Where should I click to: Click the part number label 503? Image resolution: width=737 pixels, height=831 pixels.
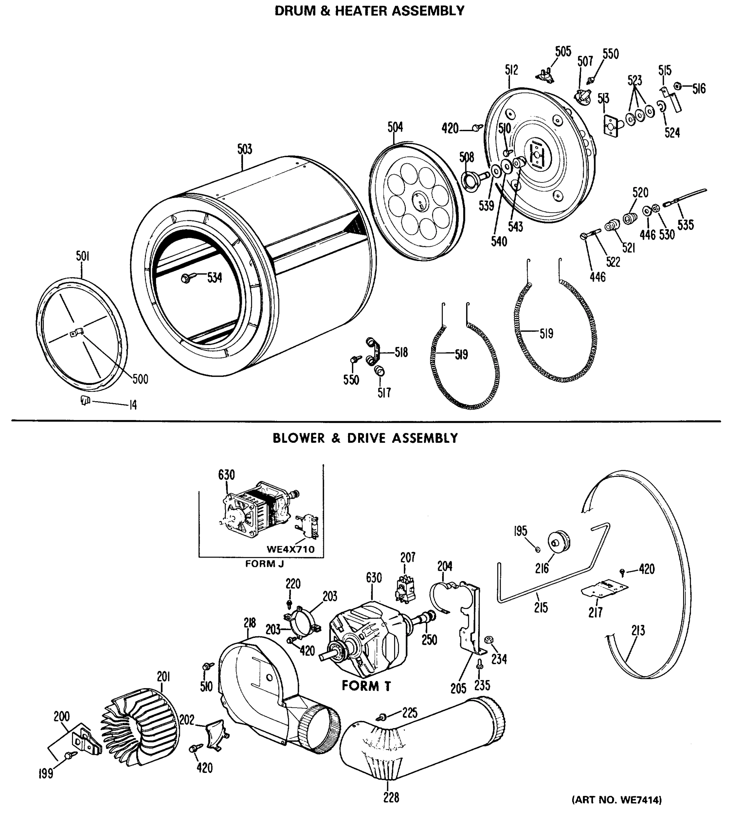click(x=245, y=149)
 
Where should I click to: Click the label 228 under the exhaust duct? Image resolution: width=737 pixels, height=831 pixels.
click(x=391, y=798)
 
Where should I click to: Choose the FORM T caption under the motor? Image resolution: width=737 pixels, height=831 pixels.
click(x=366, y=686)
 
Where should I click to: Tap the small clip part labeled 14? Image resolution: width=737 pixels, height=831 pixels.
click(x=84, y=401)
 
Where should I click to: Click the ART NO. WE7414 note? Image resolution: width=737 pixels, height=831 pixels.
click(x=616, y=800)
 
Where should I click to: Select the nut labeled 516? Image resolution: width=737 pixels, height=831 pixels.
click(x=677, y=86)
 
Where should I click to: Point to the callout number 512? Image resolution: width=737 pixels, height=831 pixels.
click(x=511, y=70)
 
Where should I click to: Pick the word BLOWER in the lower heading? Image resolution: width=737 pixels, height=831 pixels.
click(x=299, y=438)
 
